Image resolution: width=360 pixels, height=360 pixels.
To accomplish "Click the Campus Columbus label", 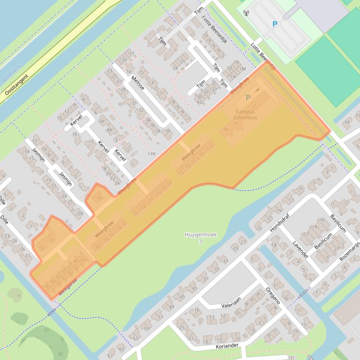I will tap(246, 115).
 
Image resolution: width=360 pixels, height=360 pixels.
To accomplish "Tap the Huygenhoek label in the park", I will tap(200, 235).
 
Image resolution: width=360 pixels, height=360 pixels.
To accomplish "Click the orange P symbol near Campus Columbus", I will tap(248, 98).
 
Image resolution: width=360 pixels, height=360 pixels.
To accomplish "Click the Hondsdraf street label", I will tap(280, 223).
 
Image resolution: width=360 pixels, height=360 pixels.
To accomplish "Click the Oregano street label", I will tap(274, 295).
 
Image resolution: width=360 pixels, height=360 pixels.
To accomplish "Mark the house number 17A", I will tap(151, 153).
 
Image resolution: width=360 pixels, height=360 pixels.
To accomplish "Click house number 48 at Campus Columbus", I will tap(226, 130).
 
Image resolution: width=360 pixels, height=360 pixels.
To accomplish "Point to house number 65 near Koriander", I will tap(122, 349).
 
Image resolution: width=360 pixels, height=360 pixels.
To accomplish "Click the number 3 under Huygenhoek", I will tap(201, 242).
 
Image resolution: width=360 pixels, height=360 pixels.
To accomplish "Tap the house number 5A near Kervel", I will tap(101, 121).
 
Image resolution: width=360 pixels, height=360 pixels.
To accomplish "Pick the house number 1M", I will tap(242, 69).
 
